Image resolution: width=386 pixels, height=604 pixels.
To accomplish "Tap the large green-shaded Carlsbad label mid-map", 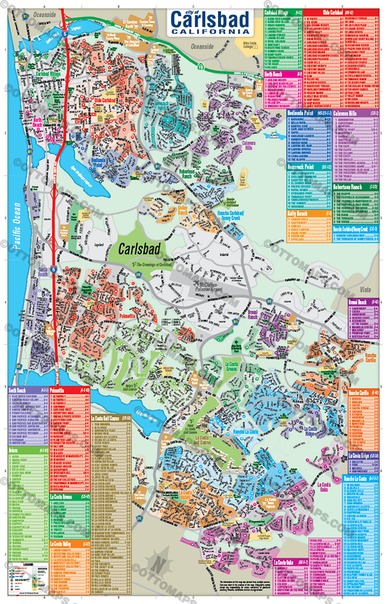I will (x=141, y=252).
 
